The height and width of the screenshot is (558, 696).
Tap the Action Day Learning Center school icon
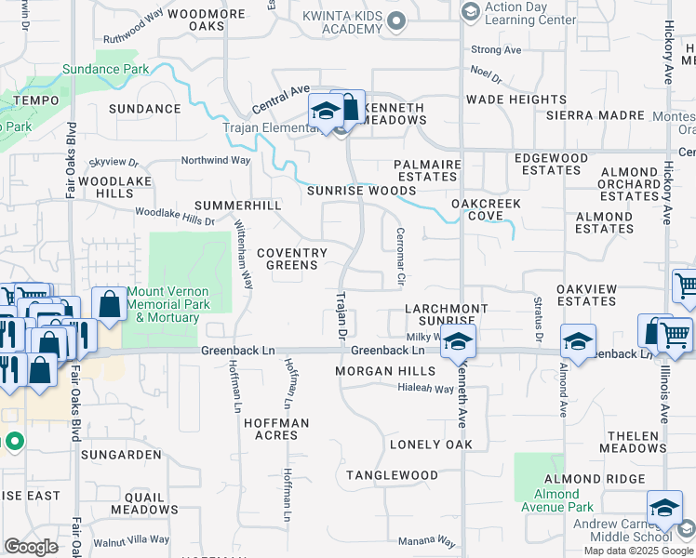click(x=470, y=11)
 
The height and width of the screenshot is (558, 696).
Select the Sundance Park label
click(x=105, y=69)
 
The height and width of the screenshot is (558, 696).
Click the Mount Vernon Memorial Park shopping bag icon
click(x=109, y=303)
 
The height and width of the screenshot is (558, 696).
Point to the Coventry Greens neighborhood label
click(x=291, y=259)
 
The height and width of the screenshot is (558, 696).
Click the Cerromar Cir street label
click(x=401, y=257)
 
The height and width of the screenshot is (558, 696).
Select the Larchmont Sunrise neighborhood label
click(x=446, y=314)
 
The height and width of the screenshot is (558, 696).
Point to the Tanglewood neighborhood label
click(x=392, y=475)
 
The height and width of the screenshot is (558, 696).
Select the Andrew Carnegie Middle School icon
click(x=664, y=508)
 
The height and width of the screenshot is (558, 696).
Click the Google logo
click(x=31, y=547)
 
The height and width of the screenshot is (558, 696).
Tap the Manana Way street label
click(x=426, y=541)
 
